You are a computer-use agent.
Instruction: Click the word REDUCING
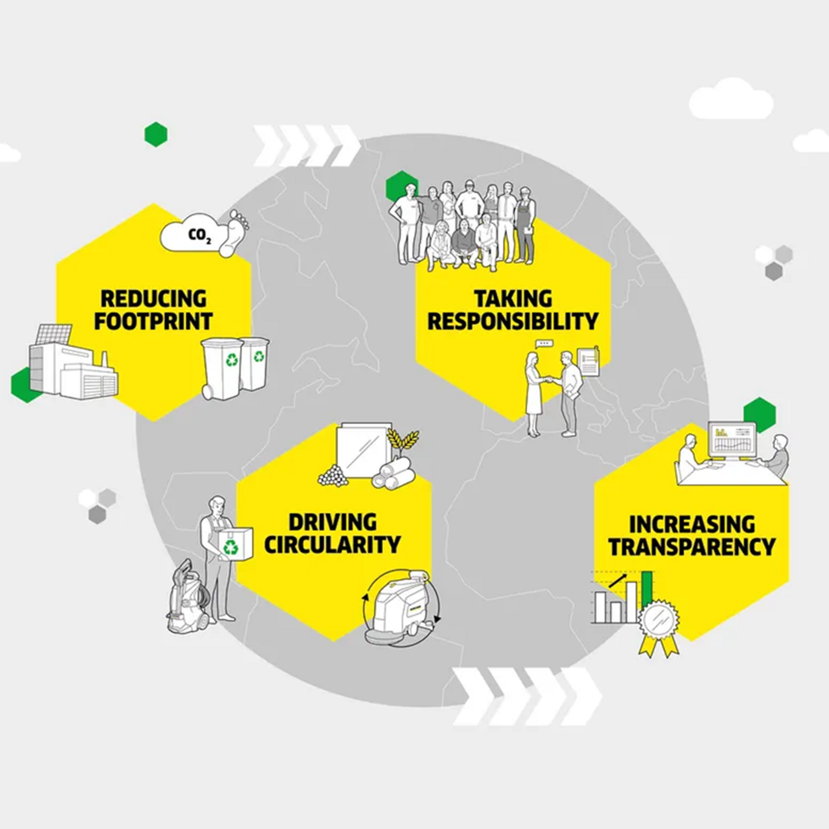(153, 299)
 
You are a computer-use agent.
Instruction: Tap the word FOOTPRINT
(153, 322)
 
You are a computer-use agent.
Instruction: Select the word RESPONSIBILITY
(513, 322)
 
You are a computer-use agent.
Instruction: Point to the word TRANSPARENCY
(692, 547)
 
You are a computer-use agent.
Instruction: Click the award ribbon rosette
(658, 622)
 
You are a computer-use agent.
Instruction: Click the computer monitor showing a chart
(732, 440)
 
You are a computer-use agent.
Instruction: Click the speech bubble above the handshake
(544, 343)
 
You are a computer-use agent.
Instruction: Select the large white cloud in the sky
(731, 98)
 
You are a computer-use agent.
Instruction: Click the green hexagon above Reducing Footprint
(155, 134)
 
